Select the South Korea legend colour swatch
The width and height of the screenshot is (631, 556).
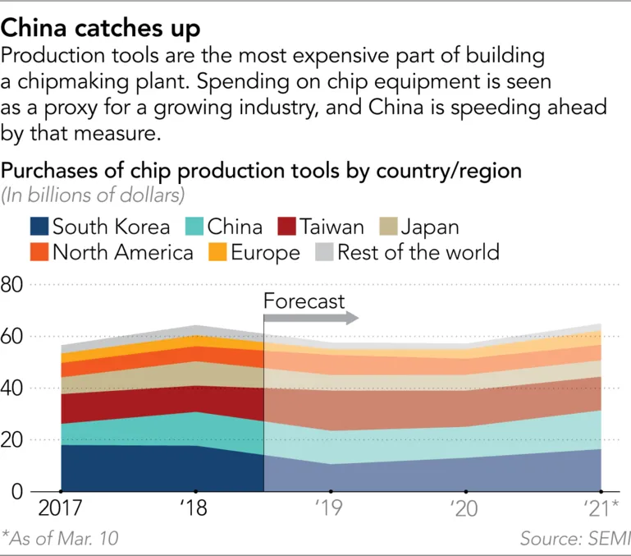pos(39,227)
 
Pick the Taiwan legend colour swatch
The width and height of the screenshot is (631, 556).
pos(286,227)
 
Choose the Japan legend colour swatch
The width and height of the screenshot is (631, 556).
pos(389,227)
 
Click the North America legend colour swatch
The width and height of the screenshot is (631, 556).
pos(39,251)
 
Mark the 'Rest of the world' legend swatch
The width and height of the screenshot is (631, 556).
pos(323,251)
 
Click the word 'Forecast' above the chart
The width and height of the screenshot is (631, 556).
pos(304,301)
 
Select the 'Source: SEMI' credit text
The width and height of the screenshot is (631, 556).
pos(574,539)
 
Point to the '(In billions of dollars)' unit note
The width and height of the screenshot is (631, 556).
pos(92,195)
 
